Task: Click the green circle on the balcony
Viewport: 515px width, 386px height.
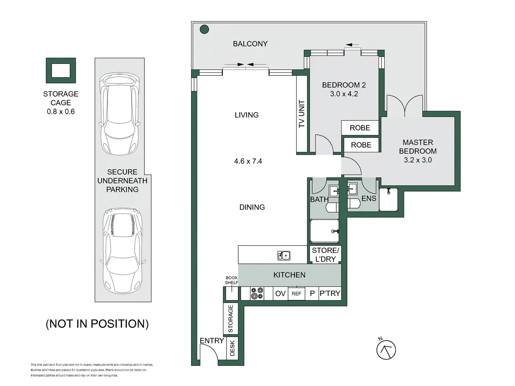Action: point(204,29)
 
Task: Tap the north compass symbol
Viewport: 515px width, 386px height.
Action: point(386,349)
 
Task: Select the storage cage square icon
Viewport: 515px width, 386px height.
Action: point(61,70)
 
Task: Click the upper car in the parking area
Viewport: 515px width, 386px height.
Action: point(119,114)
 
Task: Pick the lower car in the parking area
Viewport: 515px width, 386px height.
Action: point(122,251)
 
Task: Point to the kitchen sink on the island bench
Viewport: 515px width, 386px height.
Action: point(284,255)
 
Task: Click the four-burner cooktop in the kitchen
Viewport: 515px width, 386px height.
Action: point(257,294)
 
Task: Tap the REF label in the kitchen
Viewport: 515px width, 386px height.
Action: point(297,294)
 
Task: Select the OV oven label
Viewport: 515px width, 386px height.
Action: point(280,294)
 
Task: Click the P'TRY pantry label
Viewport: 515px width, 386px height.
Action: point(330,293)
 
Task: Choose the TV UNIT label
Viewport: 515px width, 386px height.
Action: point(301,114)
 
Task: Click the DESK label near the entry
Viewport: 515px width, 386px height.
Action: point(232,348)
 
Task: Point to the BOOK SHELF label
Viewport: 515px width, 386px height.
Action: point(232,280)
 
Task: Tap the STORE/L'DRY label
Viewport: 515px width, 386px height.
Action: point(325,255)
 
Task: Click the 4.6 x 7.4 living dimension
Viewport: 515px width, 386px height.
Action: point(248,161)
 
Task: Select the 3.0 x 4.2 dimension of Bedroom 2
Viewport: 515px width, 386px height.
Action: point(344,94)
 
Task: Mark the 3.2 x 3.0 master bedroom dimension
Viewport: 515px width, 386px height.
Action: point(418,160)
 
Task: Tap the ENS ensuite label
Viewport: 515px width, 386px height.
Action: point(369,199)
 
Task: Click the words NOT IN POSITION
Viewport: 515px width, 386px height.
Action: point(97,324)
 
